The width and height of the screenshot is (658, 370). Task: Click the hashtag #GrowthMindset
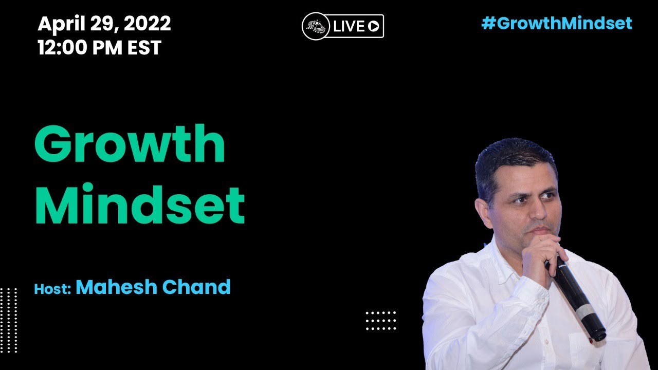point(557,24)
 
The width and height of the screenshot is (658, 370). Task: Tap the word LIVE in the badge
point(349,26)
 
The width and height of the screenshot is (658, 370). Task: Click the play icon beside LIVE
point(374,26)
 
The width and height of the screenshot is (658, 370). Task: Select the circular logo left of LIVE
point(316,26)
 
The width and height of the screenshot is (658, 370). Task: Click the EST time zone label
point(144,48)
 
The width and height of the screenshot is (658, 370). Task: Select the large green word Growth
point(130,143)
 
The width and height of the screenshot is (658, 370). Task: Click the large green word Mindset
point(140,204)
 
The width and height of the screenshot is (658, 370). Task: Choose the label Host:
point(52,289)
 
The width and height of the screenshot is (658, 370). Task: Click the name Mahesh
point(117,287)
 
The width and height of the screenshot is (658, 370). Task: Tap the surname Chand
point(196,287)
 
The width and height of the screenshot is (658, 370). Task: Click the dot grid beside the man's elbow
point(381,321)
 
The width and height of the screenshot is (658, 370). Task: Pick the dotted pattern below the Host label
point(9,320)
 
